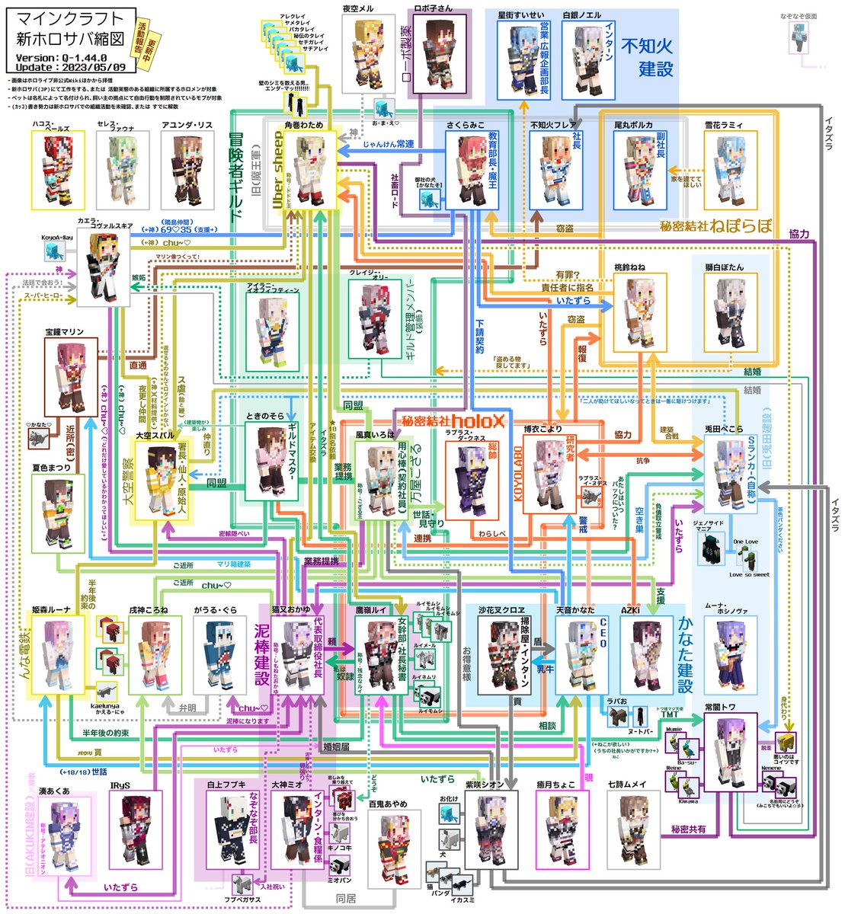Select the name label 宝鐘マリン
pyautogui.click(x=64, y=332)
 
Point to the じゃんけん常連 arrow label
pyautogui.click(x=389, y=143)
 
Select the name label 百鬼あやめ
pyautogui.click(x=388, y=804)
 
